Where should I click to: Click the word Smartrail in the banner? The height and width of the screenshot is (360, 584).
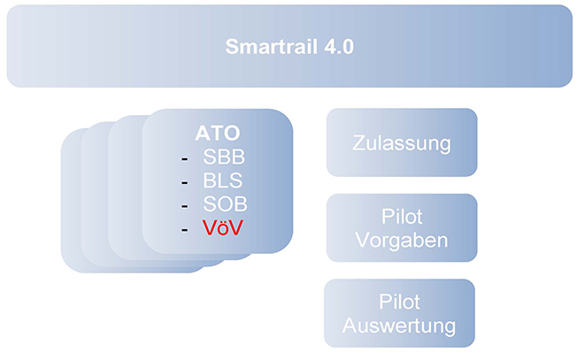coord(272,47)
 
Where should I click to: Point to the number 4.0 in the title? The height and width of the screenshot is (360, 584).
coord(339,47)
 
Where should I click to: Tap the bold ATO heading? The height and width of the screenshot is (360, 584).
coord(218,133)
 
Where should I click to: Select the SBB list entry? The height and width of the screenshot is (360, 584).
coord(224,157)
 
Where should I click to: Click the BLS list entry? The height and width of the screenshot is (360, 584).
coord(223,180)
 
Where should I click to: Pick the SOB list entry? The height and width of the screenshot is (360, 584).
coord(225,204)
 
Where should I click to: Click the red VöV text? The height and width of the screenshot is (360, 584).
coord(223,227)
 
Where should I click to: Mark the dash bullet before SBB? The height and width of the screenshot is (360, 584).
coord(184,159)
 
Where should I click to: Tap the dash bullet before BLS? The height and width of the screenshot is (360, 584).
coord(184,183)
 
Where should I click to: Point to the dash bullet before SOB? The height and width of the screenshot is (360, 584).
coord(184,206)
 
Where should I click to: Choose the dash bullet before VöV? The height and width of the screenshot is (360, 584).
coord(184,230)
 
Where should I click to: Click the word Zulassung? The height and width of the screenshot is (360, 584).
coord(402,143)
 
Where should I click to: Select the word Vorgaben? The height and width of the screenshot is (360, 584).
coord(402,241)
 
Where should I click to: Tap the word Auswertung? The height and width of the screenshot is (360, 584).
coord(399,326)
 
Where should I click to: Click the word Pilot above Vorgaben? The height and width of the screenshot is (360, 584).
coord(402,217)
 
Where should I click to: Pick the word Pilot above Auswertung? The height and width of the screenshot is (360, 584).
coord(399,302)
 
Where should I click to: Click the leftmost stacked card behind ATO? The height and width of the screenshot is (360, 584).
coord(72,201)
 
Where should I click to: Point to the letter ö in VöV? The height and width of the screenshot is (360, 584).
coord(223,228)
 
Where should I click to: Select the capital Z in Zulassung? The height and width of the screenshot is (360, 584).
coord(359,143)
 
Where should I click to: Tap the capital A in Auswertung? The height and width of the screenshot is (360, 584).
coord(350,326)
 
